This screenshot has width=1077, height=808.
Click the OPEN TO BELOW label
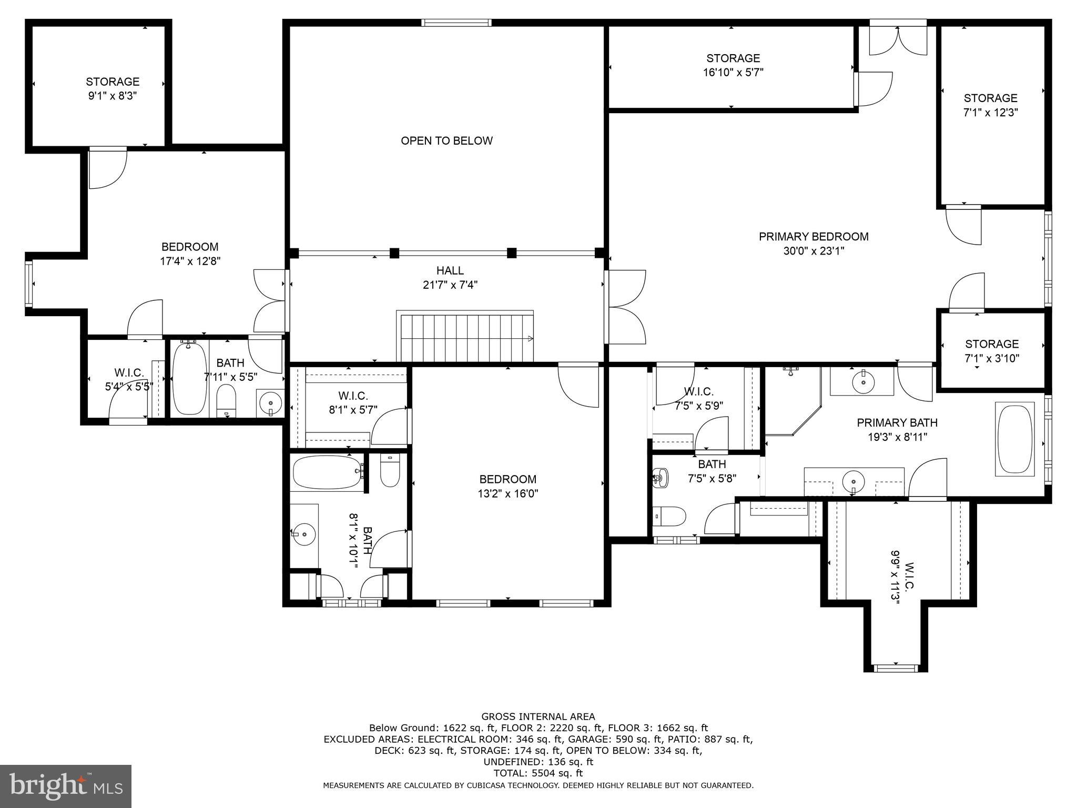click(446, 140)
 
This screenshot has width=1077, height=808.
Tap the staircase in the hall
click(465, 337)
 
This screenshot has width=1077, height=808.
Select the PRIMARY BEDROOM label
click(813, 237)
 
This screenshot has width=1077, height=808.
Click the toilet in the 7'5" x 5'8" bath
click(669, 516)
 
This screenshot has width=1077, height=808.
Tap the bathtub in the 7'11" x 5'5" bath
click(189, 379)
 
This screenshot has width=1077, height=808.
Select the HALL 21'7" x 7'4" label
click(450, 278)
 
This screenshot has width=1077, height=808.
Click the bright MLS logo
click(65, 786)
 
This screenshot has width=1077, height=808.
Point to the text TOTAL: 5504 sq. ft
click(538, 773)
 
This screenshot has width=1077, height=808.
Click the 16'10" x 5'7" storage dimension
click(733, 73)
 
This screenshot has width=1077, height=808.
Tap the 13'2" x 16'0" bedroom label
click(507, 487)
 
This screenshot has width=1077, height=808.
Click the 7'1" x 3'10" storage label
click(991, 351)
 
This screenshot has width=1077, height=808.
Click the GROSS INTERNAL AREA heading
click(538, 716)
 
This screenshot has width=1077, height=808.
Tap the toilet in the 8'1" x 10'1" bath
click(390, 471)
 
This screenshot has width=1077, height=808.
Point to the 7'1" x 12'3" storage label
click(990, 105)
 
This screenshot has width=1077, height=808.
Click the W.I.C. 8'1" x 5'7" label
click(353, 402)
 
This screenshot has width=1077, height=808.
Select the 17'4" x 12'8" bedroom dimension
click(190, 261)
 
